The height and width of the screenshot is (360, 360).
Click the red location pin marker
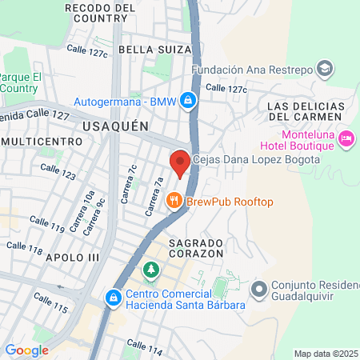180,162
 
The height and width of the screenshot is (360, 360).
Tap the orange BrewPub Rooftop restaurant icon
173,202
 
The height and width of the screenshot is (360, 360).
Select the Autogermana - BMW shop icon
187,101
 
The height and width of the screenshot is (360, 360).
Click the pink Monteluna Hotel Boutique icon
346,139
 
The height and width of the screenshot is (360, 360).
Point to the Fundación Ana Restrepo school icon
324,69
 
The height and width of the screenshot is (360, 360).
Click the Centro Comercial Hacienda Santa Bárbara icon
114,298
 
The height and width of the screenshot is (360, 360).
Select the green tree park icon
150,271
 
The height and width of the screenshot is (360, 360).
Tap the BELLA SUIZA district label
155,50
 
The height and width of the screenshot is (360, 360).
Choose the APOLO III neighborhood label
73,257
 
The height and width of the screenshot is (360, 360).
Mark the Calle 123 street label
58,173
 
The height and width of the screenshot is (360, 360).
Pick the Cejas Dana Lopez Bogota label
256,159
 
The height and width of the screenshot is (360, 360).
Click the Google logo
26,350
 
